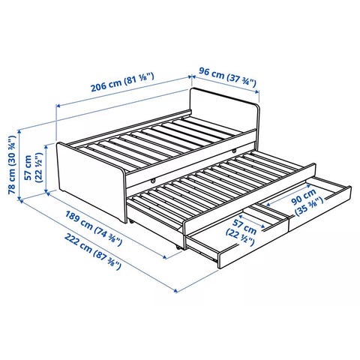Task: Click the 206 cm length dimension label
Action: point(122,82)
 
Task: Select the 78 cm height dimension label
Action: point(12,165)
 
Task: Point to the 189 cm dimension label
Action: point(94,228)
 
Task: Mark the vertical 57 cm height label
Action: point(32,167)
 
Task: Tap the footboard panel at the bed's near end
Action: point(91,180)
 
